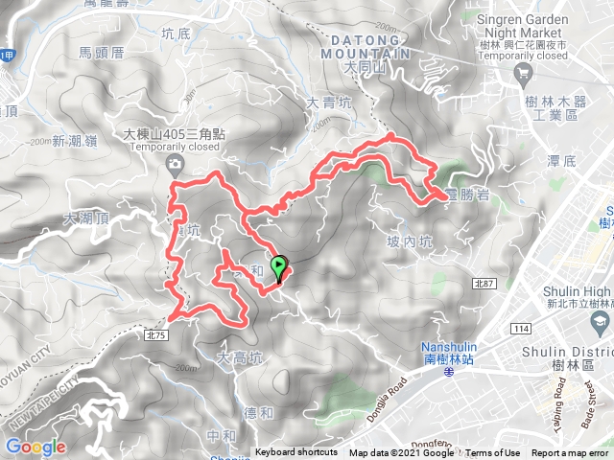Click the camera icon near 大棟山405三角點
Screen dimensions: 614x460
[176, 166]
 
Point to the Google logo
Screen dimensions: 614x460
[35, 447]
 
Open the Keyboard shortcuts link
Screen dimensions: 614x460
[295, 453]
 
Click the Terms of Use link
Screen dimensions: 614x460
[492, 453]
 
